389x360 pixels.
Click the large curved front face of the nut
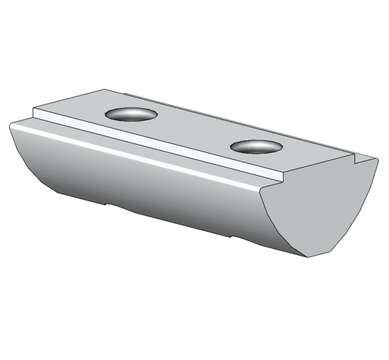coord(150,179)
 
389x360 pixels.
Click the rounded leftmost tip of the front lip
coord(11,126)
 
